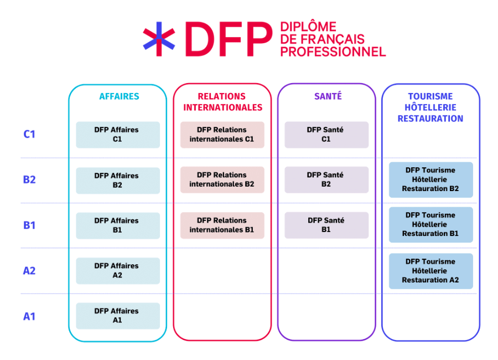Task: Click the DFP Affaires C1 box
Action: [x=117, y=135]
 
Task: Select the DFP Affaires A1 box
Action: [x=117, y=316]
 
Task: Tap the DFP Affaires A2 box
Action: [x=117, y=270]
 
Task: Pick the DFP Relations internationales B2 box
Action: [x=222, y=179]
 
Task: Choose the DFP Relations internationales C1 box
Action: [x=222, y=135]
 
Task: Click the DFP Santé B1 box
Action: [x=326, y=225]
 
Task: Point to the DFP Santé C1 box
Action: [x=326, y=135]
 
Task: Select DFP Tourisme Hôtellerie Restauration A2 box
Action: [x=430, y=271]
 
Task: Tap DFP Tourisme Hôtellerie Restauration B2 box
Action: [x=430, y=179]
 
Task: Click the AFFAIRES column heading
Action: [x=119, y=96]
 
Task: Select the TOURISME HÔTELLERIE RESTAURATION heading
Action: [x=430, y=107]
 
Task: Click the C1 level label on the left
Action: [x=29, y=134]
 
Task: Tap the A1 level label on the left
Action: [x=29, y=316]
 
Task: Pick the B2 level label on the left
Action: [x=29, y=180]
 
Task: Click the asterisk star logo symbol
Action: [x=159, y=39]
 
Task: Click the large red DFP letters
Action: [x=229, y=39]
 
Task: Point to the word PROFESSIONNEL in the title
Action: [x=333, y=52]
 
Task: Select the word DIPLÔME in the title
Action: [x=309, y=27]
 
